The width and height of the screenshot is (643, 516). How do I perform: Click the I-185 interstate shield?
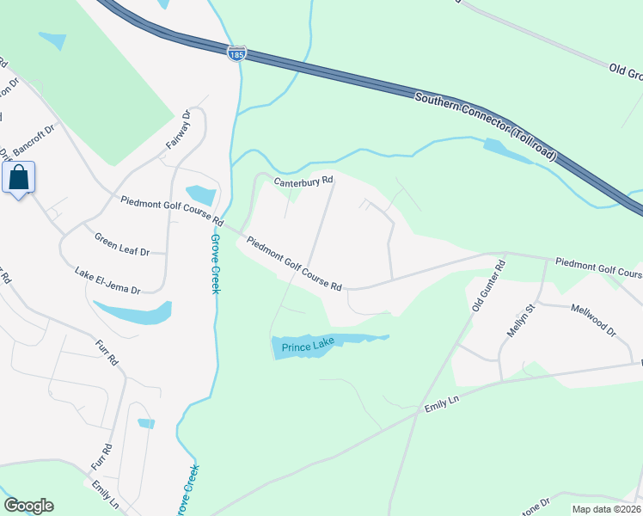(x=238, y=53)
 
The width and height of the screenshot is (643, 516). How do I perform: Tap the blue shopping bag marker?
(x=19, y=178)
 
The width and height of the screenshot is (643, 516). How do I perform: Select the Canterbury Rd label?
(x=303, y=182)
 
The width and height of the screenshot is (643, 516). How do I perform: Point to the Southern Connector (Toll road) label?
(x=486, y=129)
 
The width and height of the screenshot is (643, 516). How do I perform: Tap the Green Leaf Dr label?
(x=122, y=245)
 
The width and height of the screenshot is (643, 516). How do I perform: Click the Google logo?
(x=28, y=506)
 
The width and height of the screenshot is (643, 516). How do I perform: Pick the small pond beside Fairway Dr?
(x=200, y=195)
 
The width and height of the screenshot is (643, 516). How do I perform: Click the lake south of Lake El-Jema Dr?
(x=133, y=312)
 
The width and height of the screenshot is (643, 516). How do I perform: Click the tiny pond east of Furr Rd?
(x=146, y=423)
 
